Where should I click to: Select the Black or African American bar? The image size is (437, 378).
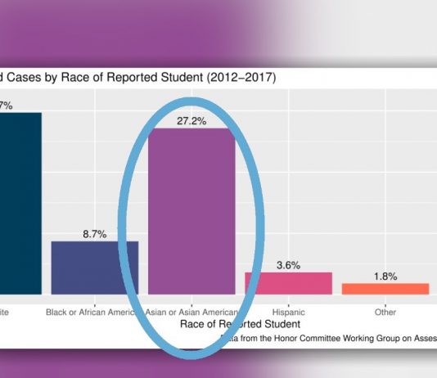(x=95, y=268)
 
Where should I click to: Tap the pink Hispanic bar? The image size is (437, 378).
(x=288, y=283)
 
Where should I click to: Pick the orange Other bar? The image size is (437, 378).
(x=385, y=289)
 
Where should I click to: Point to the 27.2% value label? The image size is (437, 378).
(x=191, y=120)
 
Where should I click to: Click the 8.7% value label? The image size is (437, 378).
(x=95, y=233)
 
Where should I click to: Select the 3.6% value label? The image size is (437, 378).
(x=288, y=264)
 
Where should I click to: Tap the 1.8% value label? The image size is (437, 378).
(x=385, y=276)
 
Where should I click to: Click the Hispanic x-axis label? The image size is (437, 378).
(x=288, y=312)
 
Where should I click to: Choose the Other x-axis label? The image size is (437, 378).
(x=385, y=312)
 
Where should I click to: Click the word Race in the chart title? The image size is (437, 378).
(x=86, y=79)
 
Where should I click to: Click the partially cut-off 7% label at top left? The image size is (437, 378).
(x=6, y=105)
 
